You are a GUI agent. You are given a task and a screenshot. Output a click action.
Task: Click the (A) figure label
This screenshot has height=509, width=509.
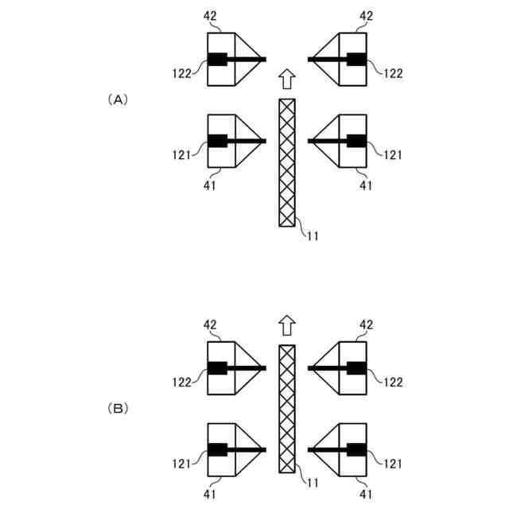point(116,99)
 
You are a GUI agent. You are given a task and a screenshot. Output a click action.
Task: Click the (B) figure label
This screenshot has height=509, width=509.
point(116,409)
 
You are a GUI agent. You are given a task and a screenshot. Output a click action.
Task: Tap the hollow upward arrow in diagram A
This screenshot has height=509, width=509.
point(287,79)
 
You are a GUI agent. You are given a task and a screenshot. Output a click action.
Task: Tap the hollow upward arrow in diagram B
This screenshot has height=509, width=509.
point(287,325)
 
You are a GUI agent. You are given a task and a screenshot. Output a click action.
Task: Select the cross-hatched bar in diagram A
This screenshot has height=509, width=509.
point(287,162)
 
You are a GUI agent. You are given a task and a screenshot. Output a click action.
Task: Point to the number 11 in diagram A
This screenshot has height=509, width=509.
point(313,236)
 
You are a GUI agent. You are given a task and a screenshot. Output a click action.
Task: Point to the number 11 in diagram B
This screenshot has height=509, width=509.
point(313,483)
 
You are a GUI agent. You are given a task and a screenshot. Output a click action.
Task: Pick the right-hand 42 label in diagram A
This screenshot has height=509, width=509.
point(366,15)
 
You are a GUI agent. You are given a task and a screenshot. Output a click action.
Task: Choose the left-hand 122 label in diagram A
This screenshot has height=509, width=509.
point(181,73)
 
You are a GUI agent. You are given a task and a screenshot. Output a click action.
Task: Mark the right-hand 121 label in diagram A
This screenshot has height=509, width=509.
point(393,154)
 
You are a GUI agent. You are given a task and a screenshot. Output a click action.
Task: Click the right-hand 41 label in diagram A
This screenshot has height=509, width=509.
point(366,185)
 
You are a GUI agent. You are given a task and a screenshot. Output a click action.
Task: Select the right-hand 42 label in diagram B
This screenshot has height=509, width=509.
point(366,324)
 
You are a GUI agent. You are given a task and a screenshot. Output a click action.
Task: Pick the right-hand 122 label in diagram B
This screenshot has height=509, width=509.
point(393,382)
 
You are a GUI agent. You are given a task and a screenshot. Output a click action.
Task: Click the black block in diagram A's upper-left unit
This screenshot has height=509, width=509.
point(217,59)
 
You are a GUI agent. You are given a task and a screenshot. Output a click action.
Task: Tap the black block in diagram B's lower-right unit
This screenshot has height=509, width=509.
point(356,450)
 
